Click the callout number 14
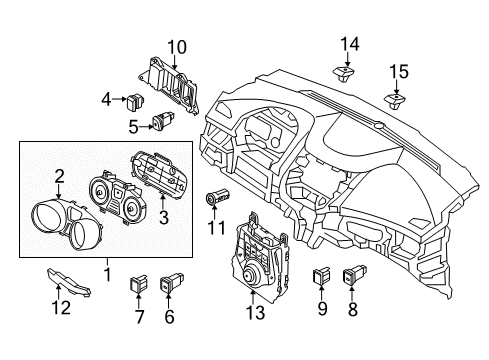point(350,44)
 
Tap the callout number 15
point(399,72)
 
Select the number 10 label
point(177,47)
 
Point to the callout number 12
point(61,308)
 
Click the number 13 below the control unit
point(255,313)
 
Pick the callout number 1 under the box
point(107,274)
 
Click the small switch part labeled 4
point(136,102)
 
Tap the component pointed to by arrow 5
point(163,121)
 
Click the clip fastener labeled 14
point(343,74)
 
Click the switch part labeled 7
point(138,282)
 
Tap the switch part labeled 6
point(172,282)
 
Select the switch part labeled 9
point(322,275)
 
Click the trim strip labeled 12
point(69,282)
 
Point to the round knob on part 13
point(248,275)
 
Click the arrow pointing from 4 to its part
point(119,99)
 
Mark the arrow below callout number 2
point(59,192)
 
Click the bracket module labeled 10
point(170,85)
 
